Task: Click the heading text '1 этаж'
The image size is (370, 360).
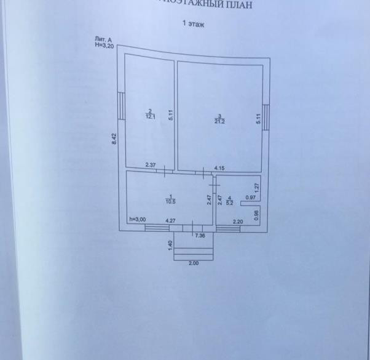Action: pyautogui.click(x=192, y=25)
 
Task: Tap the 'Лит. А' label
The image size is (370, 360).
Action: pyautogui.click(x=103, y=39)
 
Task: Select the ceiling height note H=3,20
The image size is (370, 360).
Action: pyautogui.click(x=104, y=45)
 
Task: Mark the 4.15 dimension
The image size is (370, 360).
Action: pyautogui.click(x=219, y=167)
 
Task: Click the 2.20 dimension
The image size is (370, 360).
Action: pyautogui.click(x=238, y=221)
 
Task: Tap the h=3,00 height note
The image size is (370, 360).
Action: pyautogui.click(x=136, y=220)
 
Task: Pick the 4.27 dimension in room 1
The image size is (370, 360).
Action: pyautogui.click(x=171, y=220)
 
